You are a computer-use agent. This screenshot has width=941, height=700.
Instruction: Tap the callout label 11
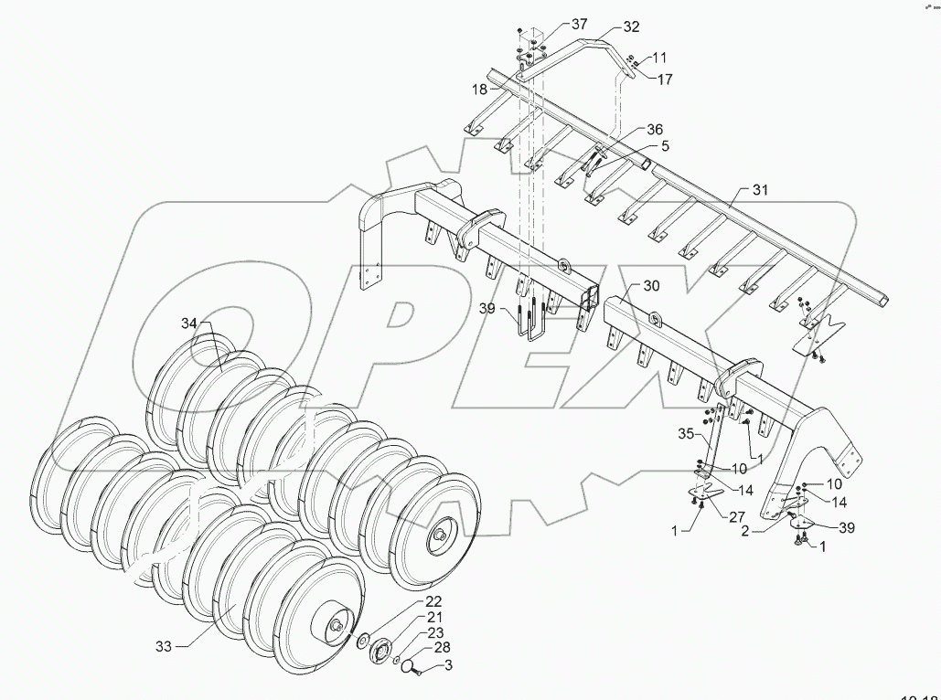point(660,57)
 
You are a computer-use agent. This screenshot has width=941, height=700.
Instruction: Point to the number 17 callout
point(665,80)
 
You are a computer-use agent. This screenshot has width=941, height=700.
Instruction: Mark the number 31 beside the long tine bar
point(761,190)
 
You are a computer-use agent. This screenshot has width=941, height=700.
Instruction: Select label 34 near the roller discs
point(188,323)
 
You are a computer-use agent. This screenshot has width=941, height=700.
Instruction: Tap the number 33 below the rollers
point(164,647)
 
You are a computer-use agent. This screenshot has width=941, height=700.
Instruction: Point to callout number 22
point(433,601)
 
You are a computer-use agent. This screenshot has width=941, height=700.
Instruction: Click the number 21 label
point(433,618)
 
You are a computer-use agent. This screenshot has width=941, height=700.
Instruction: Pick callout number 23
point(433,633)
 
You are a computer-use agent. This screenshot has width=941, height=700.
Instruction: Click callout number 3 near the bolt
point(447,666)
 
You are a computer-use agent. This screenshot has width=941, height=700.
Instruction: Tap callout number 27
point(734,516)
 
